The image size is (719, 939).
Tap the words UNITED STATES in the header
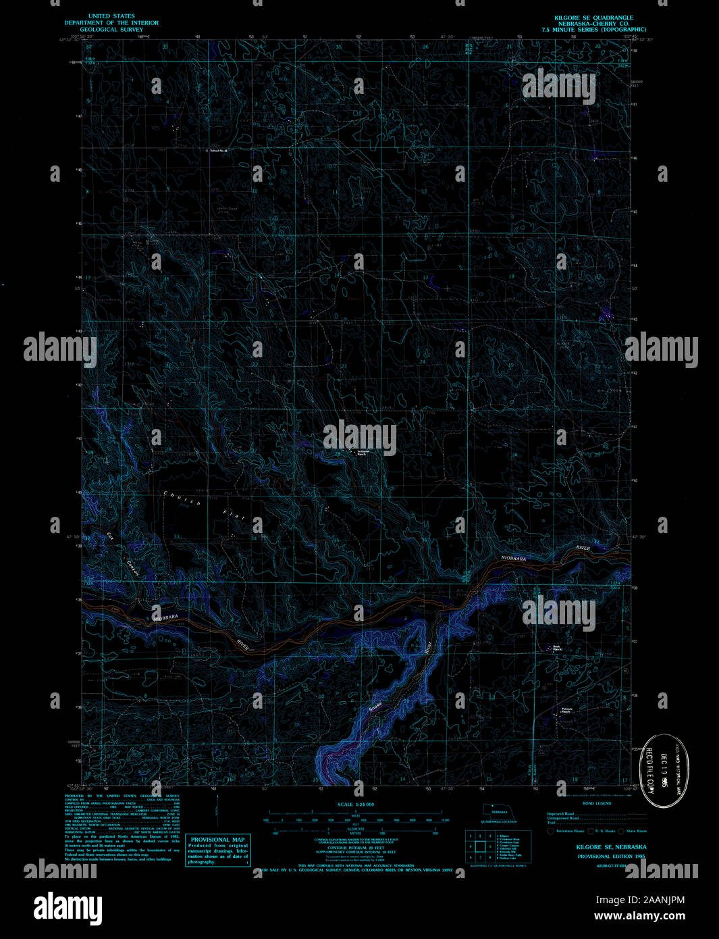pyautogui.click(x=111, y=16)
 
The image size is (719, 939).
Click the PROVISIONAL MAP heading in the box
pyautogui.click(x=217, y=840)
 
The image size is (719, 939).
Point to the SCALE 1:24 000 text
pyautogui.click(x=355, y=805)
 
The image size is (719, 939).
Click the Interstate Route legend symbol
pyautogui.click(x=551, y=831)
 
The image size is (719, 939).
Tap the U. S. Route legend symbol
pyautogui.click(x=589, y=831)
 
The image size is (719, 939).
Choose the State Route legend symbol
pyautogui.click(x=622, y=831)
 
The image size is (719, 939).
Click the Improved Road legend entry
pyautogui.click(x=560, y=813)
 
